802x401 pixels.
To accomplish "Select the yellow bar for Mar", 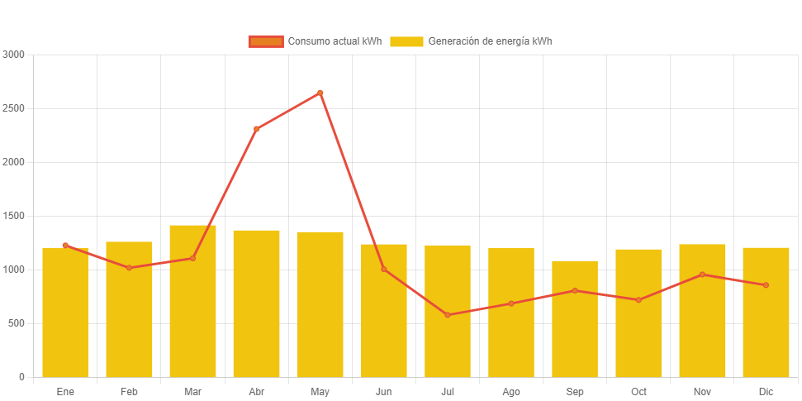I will (x=192, y=301).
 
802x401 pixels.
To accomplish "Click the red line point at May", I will (x=320, y=93).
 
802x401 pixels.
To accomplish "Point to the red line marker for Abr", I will (x=257, y=129).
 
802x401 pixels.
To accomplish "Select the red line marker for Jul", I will (x=448, y=315).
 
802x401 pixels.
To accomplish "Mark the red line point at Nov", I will (x=702, y=274).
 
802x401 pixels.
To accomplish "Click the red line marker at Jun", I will (x=384, y=270).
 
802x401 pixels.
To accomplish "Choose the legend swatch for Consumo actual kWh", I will (x=266, y=41).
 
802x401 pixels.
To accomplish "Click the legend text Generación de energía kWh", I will (x=490, y=41).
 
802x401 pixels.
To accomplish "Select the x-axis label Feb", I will (x=129, y=391).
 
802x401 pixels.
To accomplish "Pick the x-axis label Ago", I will (x=511, y=391).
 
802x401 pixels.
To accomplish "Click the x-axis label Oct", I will (x=638, y=391).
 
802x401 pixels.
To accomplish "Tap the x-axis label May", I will (x=320, y=391).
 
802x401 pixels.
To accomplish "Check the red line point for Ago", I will (x=511, y=303).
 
